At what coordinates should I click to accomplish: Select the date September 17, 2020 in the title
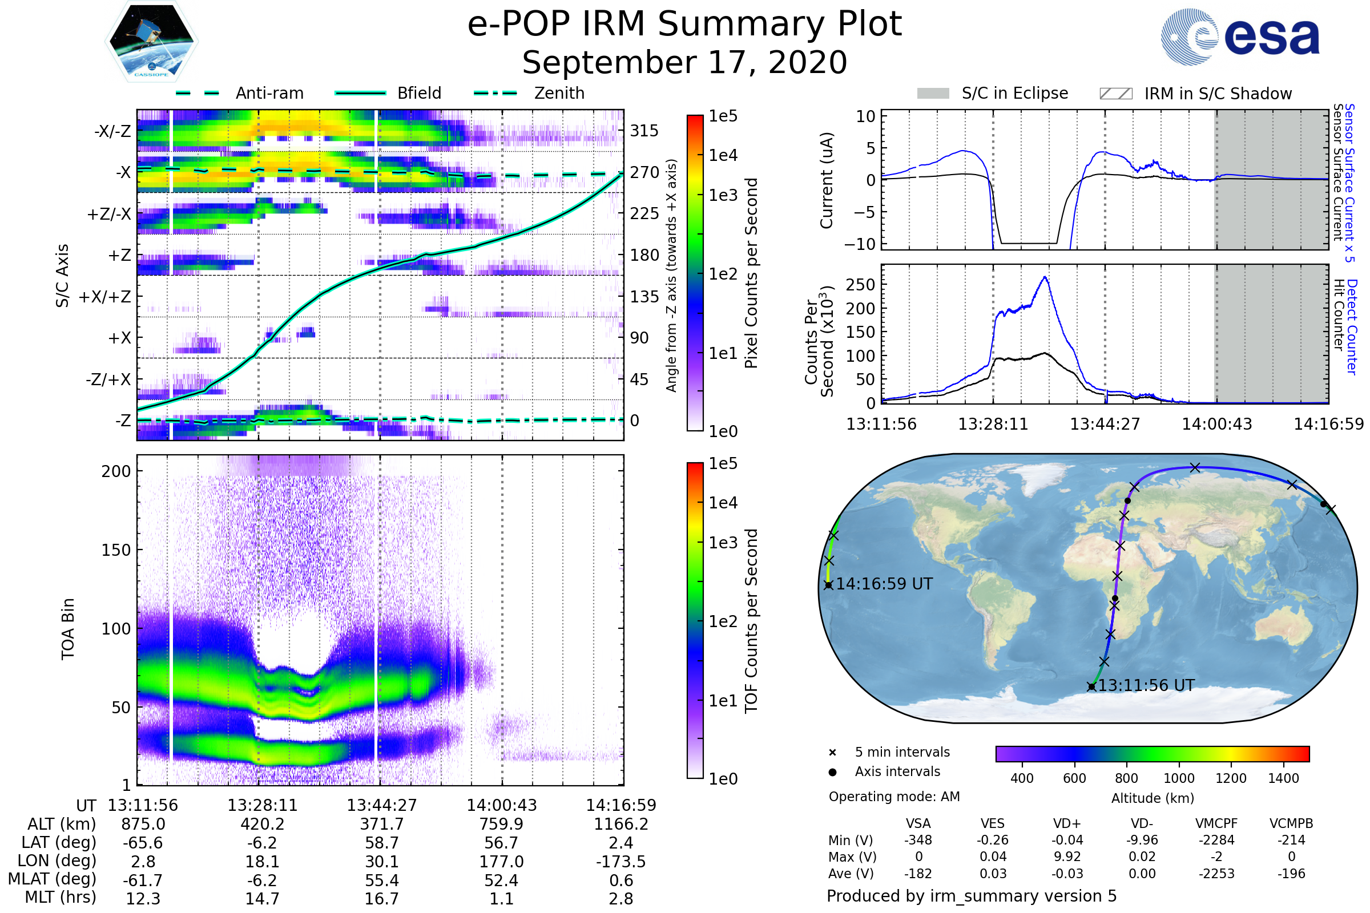click(684, 63)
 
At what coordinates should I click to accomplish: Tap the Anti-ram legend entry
click(269, 93)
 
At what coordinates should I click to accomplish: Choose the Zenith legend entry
click(559, 93)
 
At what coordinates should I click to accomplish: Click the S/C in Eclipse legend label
click(1015, 93)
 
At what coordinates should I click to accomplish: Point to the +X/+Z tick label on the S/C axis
click(105, 297)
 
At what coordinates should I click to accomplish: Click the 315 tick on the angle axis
click(644, 131)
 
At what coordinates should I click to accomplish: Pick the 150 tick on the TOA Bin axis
click(116, 550)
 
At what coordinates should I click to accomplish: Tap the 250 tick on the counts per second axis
click(860, 285)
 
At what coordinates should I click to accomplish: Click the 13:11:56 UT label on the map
click(1146, 685)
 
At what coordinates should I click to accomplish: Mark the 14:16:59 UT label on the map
click(884, 584)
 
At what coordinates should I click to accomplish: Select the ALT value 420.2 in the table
click(262, 825)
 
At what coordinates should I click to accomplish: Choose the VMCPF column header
click(1216, 824)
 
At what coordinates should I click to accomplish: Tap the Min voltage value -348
click(918, 840)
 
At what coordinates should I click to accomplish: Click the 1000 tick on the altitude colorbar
click(1178, 778)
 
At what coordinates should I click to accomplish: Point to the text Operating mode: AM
click(894, 797)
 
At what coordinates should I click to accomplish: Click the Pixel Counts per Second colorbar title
click(751, 273)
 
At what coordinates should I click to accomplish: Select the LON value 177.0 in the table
click(501, 862)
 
